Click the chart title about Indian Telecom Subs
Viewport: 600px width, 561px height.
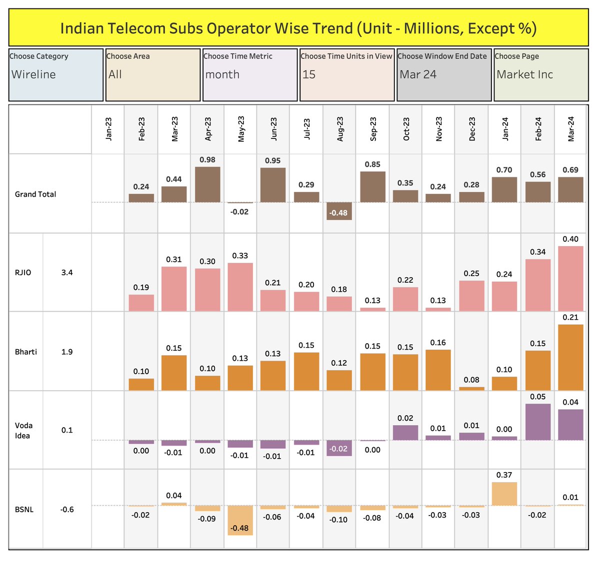tap(298, 28)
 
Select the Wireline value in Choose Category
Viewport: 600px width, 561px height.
tap(33, 74)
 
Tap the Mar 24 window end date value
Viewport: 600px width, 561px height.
tap(418, 74)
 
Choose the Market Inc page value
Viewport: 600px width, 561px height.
tap(524, 74)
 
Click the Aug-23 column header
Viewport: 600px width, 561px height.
tap(340, 129)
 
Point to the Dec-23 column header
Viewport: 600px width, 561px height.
tap(472, 129)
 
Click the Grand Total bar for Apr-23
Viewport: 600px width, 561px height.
tap(207, 184)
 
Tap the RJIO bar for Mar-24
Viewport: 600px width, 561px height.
tap(570, 278)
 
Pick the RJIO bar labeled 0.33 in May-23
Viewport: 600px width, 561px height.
tap(240, 287)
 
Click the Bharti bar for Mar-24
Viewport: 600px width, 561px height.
tap(570, 357)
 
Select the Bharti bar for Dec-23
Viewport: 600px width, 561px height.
tap(472, 388)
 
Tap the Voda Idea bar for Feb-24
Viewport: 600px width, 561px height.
tap(538, 422)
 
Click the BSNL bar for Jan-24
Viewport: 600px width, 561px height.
tap(504, 494)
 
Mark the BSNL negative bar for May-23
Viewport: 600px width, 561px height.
tap(240, 520)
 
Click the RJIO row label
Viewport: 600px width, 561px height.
tap(23, 273)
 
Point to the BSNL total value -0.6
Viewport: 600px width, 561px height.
tap(67, 510)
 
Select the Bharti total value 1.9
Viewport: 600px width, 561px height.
tap(67, 352)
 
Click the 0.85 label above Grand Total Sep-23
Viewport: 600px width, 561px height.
tap(372, 164)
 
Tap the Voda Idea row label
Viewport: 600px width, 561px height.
tap(23, 430)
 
